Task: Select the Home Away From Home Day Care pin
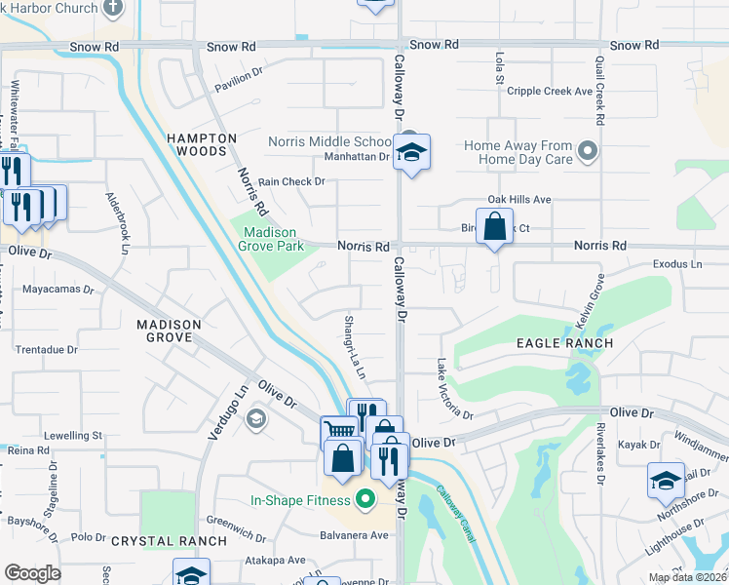point(588,151)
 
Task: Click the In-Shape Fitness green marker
point(365,501)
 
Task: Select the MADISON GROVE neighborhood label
point(169,331)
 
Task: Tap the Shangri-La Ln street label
point(354,346)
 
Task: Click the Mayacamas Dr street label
point(58,290)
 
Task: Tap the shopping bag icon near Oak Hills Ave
point(494,226)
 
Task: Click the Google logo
point(32,573)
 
